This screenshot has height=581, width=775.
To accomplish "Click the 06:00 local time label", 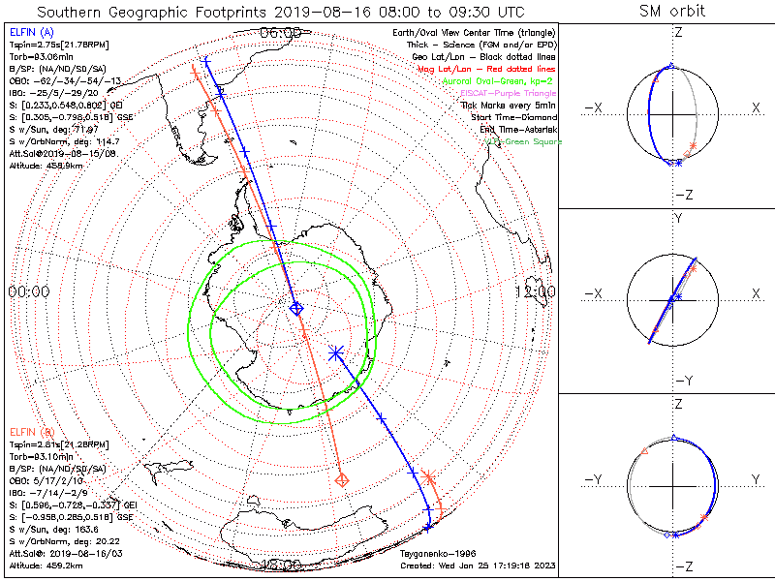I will coord(281,34).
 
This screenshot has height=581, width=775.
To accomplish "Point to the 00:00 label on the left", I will coord(28,291).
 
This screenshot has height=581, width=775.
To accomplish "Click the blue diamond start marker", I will coord(296,308).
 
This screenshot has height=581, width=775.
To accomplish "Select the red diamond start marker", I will coord(341,479).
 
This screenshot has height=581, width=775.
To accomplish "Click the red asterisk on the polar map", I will coord(428,476).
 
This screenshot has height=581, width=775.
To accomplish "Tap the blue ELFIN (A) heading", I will coord(31,33).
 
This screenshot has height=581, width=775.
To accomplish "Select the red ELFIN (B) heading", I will coord(31,432).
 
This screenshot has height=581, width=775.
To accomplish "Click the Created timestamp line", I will coord(478,566).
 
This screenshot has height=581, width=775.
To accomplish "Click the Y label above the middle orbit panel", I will coord(676,218).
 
